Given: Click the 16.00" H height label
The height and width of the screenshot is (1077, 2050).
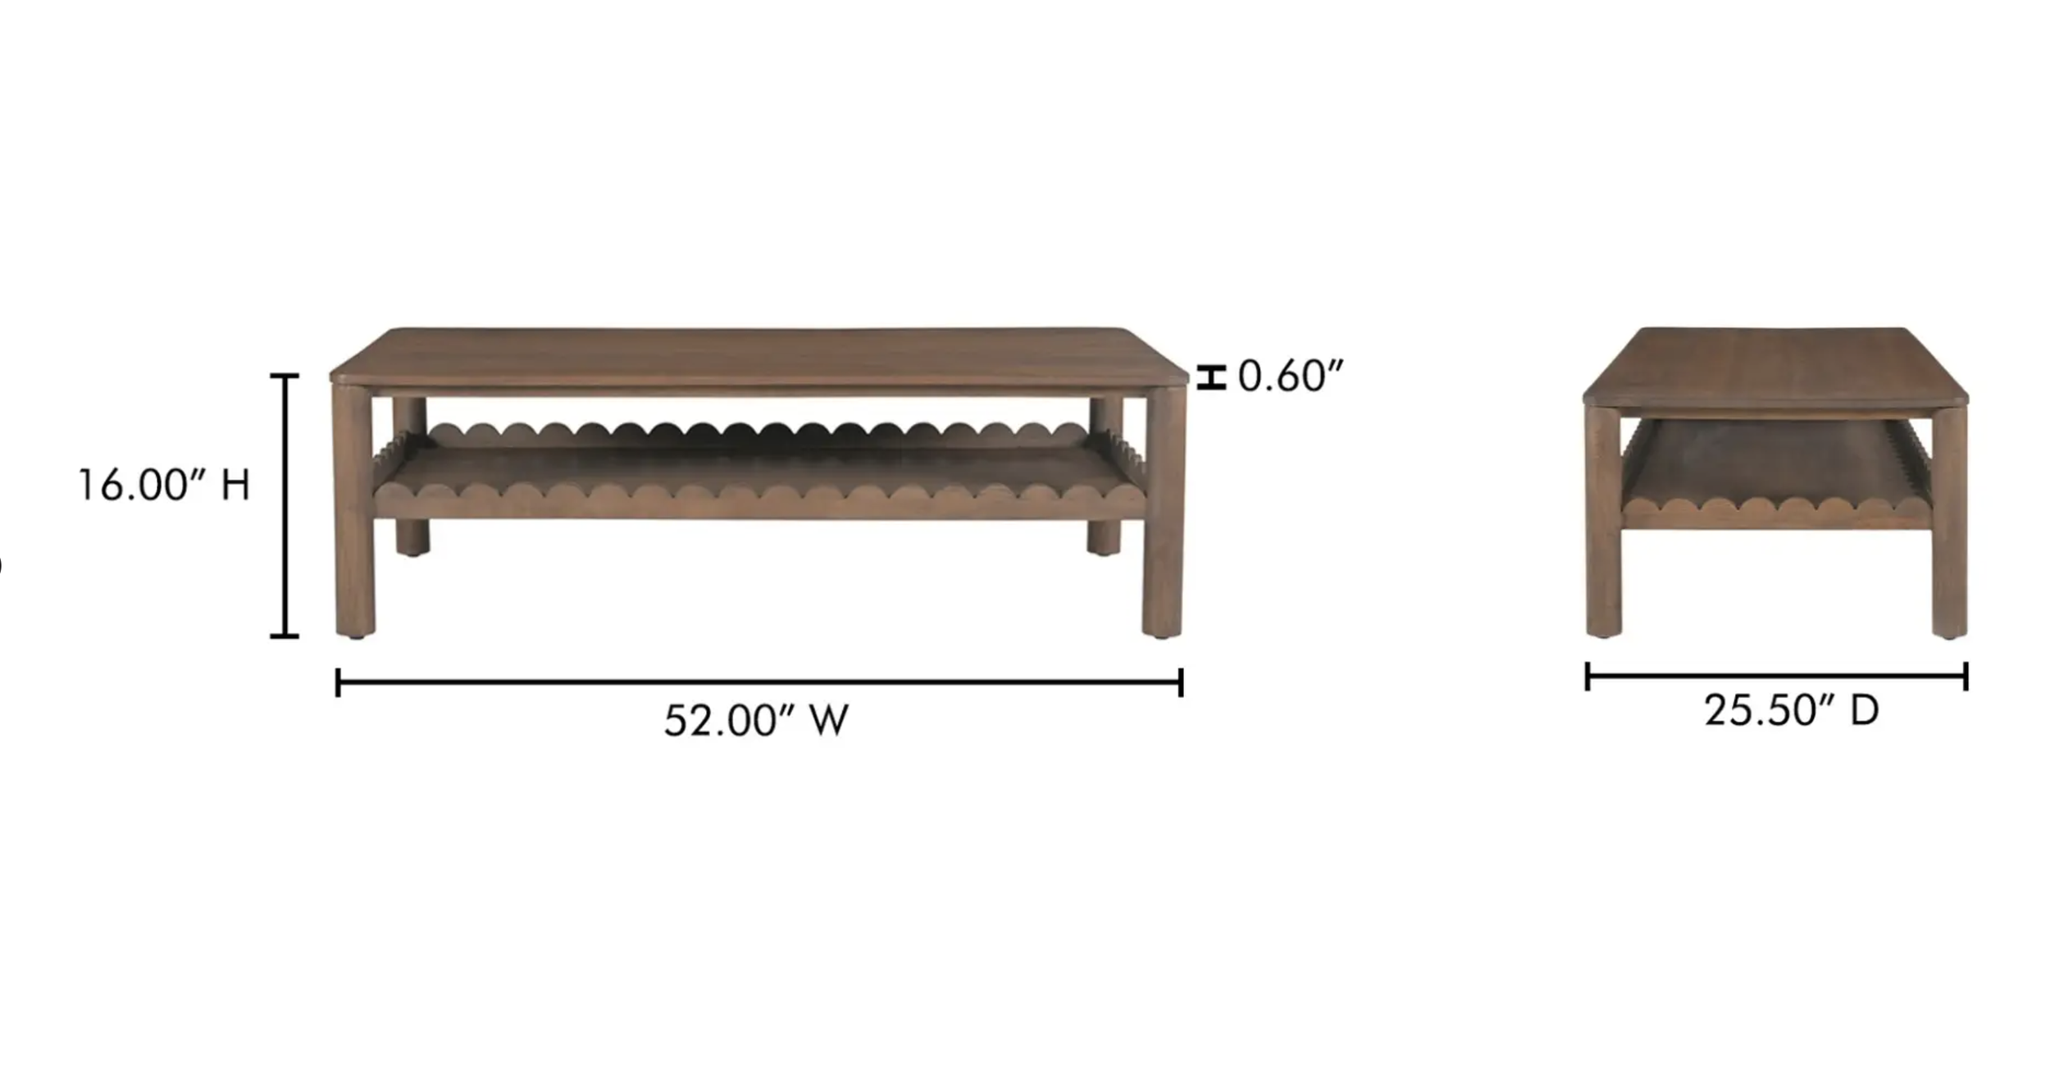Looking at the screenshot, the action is pyautogui.click(x=163, y=485).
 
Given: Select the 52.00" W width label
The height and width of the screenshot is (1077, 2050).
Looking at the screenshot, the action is pyautogui.click(x=756, y=720).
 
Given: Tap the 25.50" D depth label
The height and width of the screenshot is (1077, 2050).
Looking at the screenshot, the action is pyautogui.click(x=1792, y=710).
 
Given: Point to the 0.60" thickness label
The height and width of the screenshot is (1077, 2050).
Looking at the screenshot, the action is pyautogui.click(x=1291, y=376).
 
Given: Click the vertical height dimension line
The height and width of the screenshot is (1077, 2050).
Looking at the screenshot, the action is pyautogui.click(x=285, y=505).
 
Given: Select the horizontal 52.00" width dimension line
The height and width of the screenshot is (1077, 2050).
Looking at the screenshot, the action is pyautogui.click(x=759, y=682).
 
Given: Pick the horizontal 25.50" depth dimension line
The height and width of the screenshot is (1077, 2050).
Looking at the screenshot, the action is pyautogui.click(x=1777, y=677).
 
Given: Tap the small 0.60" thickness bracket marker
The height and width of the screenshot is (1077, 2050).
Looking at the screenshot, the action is pyautogui.click(x=1211, y=377).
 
